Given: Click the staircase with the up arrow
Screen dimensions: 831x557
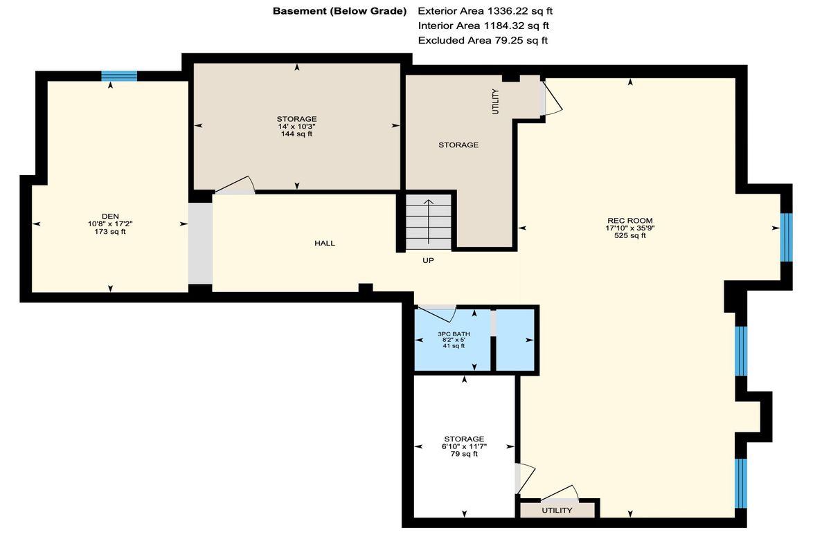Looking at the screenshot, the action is coord(429,221).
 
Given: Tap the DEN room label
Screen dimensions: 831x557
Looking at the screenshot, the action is coord(110,217).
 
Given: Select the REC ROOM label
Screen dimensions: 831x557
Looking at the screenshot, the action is coord(630,221).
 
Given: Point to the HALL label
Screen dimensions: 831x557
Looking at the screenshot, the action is coord(325,243).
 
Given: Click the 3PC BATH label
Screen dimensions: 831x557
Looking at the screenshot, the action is coord(454,334).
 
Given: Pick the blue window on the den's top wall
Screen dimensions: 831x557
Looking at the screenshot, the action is coord(119,76).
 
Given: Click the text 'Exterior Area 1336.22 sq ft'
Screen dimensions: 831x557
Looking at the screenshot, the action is coord(485,11).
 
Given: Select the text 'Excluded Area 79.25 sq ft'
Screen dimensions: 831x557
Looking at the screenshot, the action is coord(483,40).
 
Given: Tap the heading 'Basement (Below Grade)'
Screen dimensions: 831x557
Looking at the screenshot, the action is coord(339,11).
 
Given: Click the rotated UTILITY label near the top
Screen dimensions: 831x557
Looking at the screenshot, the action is coord(495,102).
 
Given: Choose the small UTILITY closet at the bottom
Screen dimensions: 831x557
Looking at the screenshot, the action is coord(557,511).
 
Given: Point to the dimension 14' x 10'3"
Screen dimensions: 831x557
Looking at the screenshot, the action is coord(297,127).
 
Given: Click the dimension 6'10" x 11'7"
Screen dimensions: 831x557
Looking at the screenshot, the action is coord(464,446).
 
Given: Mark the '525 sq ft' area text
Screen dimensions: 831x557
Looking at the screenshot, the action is coord(630,235).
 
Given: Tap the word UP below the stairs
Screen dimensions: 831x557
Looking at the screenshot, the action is coord(428,261).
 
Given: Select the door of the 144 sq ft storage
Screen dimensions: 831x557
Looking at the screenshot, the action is coord(235,185).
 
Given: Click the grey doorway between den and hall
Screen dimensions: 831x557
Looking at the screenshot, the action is coord(200,244).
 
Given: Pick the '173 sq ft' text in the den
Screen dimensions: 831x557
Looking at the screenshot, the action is coord(110,232).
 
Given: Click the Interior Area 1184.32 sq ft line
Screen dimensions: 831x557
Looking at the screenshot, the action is coord(483,26).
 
